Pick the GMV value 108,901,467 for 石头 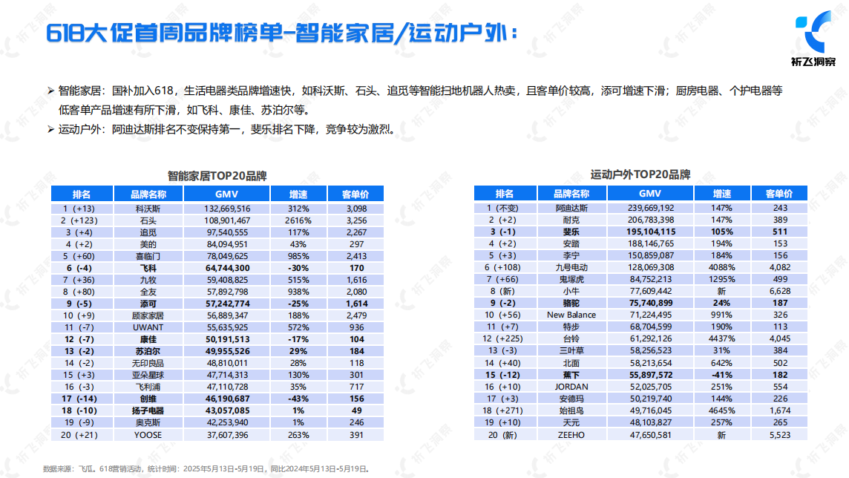pos(227,220)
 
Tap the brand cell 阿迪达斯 pos(571,209)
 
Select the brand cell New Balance pos(571,315)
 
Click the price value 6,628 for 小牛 pos(778,291)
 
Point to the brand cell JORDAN pos(571,387)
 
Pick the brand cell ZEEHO pos(571,434)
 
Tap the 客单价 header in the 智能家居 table pos(355,194)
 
